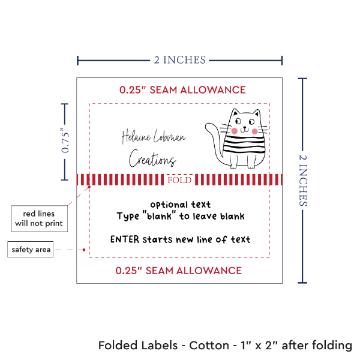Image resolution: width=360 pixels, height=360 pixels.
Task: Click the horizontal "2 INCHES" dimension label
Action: [180, 59]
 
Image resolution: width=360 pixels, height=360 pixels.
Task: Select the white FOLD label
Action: [180, 179]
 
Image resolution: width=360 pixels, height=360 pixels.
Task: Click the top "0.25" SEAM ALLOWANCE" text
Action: [182, 90]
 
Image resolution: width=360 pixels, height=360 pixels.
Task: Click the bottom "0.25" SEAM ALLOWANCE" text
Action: [179, 271]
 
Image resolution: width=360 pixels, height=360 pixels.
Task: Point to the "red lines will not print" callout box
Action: [38, 218]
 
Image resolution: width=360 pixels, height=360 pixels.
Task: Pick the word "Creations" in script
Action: [152, 160]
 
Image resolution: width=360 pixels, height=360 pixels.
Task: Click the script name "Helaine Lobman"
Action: [154, 137]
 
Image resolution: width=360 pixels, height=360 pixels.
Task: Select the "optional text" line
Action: [180, 205]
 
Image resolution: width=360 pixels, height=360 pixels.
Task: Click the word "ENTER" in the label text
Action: [125, 239]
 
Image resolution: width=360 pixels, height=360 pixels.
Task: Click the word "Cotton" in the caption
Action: [209, 346]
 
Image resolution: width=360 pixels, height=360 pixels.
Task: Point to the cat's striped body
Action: [242, 147]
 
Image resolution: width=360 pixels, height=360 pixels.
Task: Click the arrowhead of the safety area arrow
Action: [87, 249]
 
